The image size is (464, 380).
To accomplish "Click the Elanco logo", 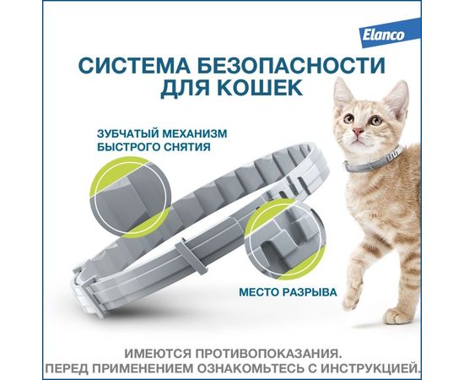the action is click(x=383, y=35).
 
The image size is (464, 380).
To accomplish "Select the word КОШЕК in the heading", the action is click(x=262, y=88).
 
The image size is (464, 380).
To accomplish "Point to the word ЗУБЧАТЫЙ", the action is click(x=127, y=133).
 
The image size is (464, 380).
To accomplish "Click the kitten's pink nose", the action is click(x=358, y=131).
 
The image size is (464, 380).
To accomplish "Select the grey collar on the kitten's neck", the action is click(x=371, y=159).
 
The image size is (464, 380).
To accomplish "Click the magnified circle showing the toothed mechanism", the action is click(x=130, y=196).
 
